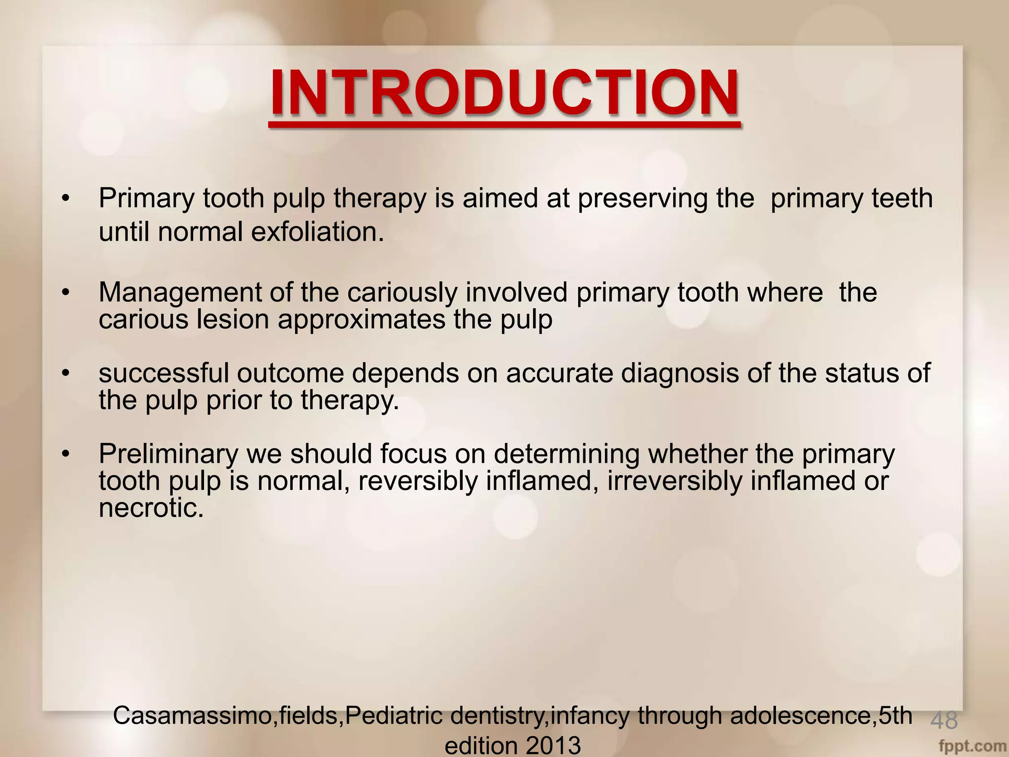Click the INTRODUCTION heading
click(504, 93)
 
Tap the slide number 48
click(944, 721)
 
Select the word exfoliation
click(317, 232)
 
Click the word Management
click(180, 293)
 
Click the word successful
click(164, 373)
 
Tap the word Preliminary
click(168, 454)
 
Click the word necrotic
click(151, 508)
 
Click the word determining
click(567, 454)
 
